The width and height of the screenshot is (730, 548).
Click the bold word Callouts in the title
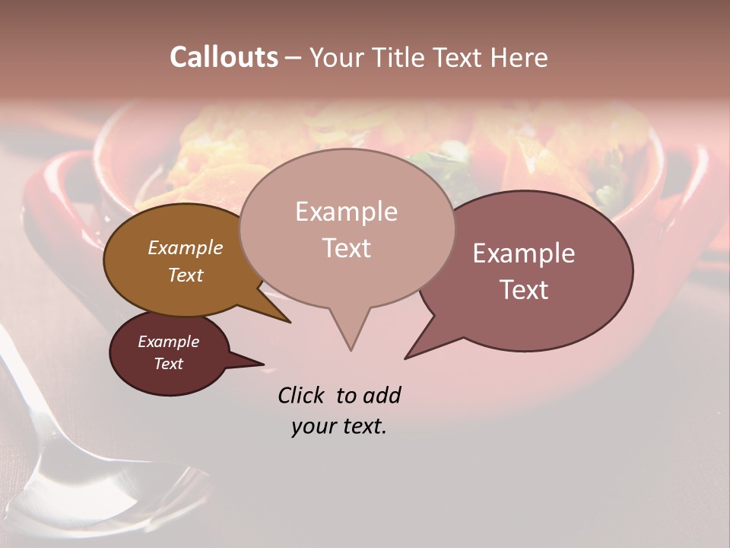(x=224, y=57)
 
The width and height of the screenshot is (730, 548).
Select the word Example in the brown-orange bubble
(x=185, y=247)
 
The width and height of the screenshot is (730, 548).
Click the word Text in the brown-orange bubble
(x=185, y=275)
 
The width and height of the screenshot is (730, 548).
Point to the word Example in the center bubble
(x=346, y=212)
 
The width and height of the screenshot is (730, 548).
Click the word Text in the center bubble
(x=346, y=248)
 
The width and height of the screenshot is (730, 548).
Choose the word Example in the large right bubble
(x=524, y=253)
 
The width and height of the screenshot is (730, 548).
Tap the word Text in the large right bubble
(x=524, y=290)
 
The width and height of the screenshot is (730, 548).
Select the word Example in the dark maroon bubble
(x=168, y=342)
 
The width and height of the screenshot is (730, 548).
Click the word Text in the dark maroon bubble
(x=168, y=364)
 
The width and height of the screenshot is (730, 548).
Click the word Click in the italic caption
(x=302, y=395)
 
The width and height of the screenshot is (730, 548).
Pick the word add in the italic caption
(x=382, y=395)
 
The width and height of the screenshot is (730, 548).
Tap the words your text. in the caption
(x=338, y=426)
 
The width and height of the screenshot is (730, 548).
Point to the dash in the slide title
(x=294, y=57)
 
